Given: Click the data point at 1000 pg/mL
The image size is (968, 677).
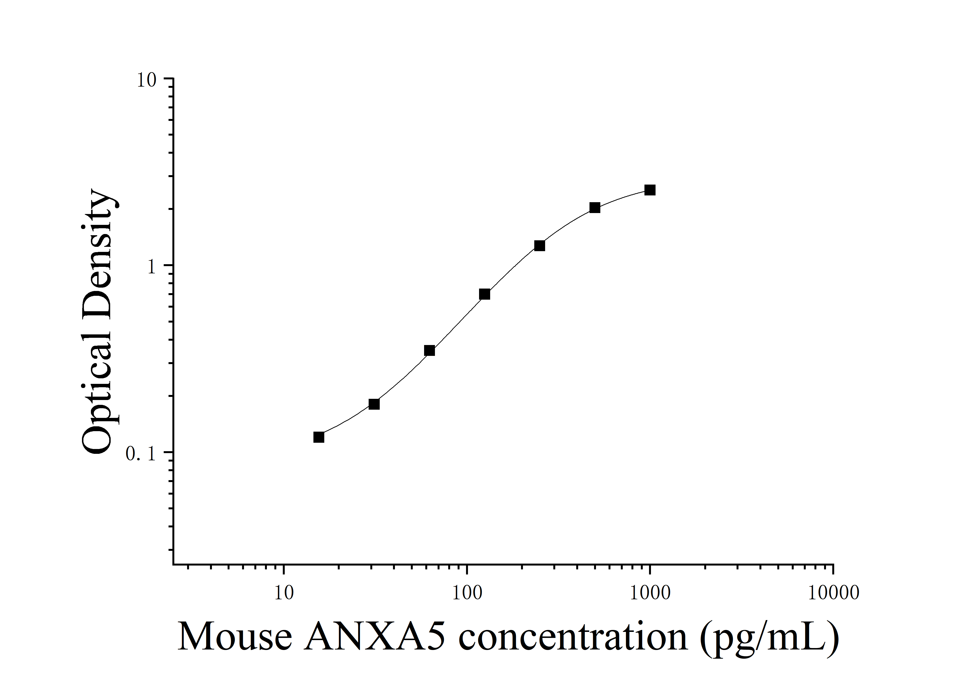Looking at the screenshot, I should point(650,190).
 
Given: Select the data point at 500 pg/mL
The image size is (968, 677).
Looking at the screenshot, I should point(595,207).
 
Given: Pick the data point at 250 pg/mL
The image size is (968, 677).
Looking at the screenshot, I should point(539,246).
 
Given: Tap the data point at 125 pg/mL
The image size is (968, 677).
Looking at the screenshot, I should point(484,294).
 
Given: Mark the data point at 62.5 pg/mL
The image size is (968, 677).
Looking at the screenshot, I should point(429,351).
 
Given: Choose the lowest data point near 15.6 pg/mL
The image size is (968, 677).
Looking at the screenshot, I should point(319,437).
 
